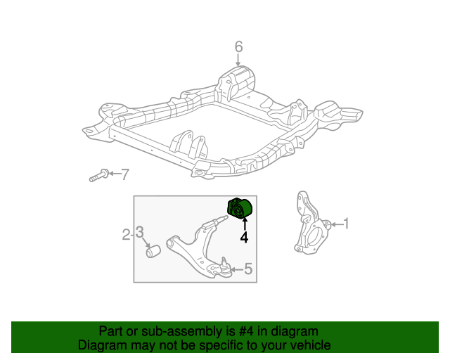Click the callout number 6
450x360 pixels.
(x=238, y=47)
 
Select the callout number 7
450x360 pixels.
(x=125, y=174)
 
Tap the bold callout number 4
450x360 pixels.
(x=244, y=238)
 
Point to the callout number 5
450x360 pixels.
(x=248, y=269)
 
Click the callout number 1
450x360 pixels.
(x=347, y=224)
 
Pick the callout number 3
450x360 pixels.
(x=139, y=232)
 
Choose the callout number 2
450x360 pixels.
(x=127, y=235)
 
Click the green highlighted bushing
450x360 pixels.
(x=239, y=209)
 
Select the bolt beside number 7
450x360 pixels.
(x=99, y=175)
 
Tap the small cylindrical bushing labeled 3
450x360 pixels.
(x=153, y=251)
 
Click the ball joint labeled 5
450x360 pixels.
(x=224, y=267)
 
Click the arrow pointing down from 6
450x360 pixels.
(x=238, y=60)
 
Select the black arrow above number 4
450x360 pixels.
(x=245, y=224)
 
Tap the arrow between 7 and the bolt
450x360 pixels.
(x=115, y=174)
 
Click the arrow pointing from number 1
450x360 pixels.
(x=337, y=224)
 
